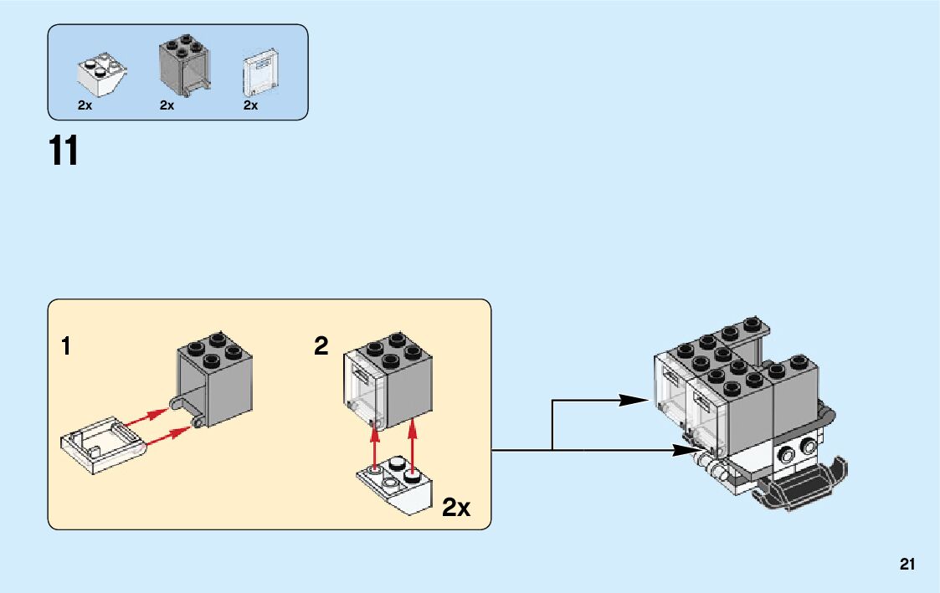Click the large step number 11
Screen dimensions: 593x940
point(64,151)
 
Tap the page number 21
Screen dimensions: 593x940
point(907,565)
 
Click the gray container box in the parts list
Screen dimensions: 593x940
point(183,64)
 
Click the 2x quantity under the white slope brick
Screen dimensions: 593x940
point(85,106)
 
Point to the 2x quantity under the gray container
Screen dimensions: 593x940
point(167,106)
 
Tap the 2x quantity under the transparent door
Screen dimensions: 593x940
point(250,106)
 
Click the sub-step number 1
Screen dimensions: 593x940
point(66,346)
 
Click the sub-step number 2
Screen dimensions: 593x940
point(321,346)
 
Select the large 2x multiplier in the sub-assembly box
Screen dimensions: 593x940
point(456,507)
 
